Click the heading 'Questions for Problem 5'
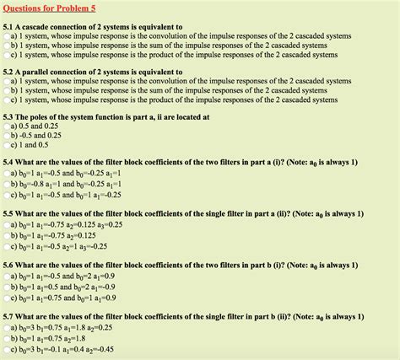pyautogui.click(x=50, y=9)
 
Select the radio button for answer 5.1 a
pyautogui.click(x=7, y=36)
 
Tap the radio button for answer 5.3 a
pyautogui.click(x=7, y=126)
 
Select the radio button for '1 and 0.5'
pyautogui.click(x=7, y=145)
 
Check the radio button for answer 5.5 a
pyautogui.click(x=7, y=226)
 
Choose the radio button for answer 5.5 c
pyautogui.click(x=7, y=246)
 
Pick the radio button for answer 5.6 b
pyautogui.click(x=7, y=287)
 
